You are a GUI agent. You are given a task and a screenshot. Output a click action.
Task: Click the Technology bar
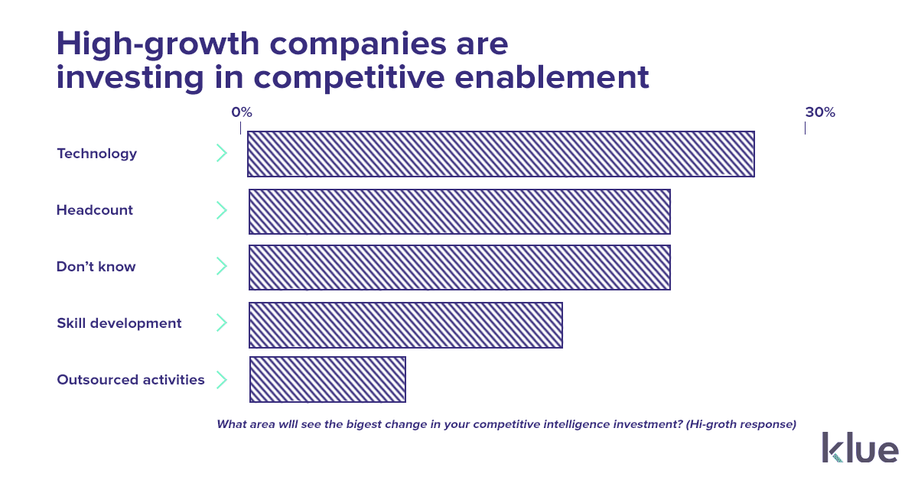coord(501,154)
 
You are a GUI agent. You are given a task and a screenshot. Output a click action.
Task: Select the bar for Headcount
coord(460,212)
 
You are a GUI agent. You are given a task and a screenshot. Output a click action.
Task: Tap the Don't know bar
coord(460,268)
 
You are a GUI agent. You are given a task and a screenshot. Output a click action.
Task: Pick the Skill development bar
coord(405,325)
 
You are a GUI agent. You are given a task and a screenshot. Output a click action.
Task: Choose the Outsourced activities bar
coord(328,379)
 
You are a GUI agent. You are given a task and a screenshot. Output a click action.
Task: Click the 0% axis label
coord(242,112)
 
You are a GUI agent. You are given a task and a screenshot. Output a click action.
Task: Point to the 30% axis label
coord(820,112)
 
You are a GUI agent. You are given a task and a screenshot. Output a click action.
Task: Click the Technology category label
coord(96,154)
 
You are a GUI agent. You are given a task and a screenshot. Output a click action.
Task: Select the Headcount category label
coord(95,209)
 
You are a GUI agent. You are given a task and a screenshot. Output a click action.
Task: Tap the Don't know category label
coord(96,266)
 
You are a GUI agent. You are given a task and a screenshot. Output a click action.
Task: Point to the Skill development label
coord(119,323)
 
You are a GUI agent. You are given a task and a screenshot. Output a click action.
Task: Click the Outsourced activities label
coord(130,380)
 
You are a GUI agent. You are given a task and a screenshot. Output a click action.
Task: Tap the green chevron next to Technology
coord(222,153)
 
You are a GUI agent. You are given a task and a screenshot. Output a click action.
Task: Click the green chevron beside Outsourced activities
coord(222,380)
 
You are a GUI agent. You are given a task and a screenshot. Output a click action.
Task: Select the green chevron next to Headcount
coord(222,210)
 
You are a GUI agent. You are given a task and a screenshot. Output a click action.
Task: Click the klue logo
coord(860,447)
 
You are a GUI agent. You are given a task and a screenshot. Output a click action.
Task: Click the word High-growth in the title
coord(158,44)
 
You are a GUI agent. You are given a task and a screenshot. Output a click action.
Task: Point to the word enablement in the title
coord(552,77)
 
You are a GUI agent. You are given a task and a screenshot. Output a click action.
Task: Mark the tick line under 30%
coord(806,128)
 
